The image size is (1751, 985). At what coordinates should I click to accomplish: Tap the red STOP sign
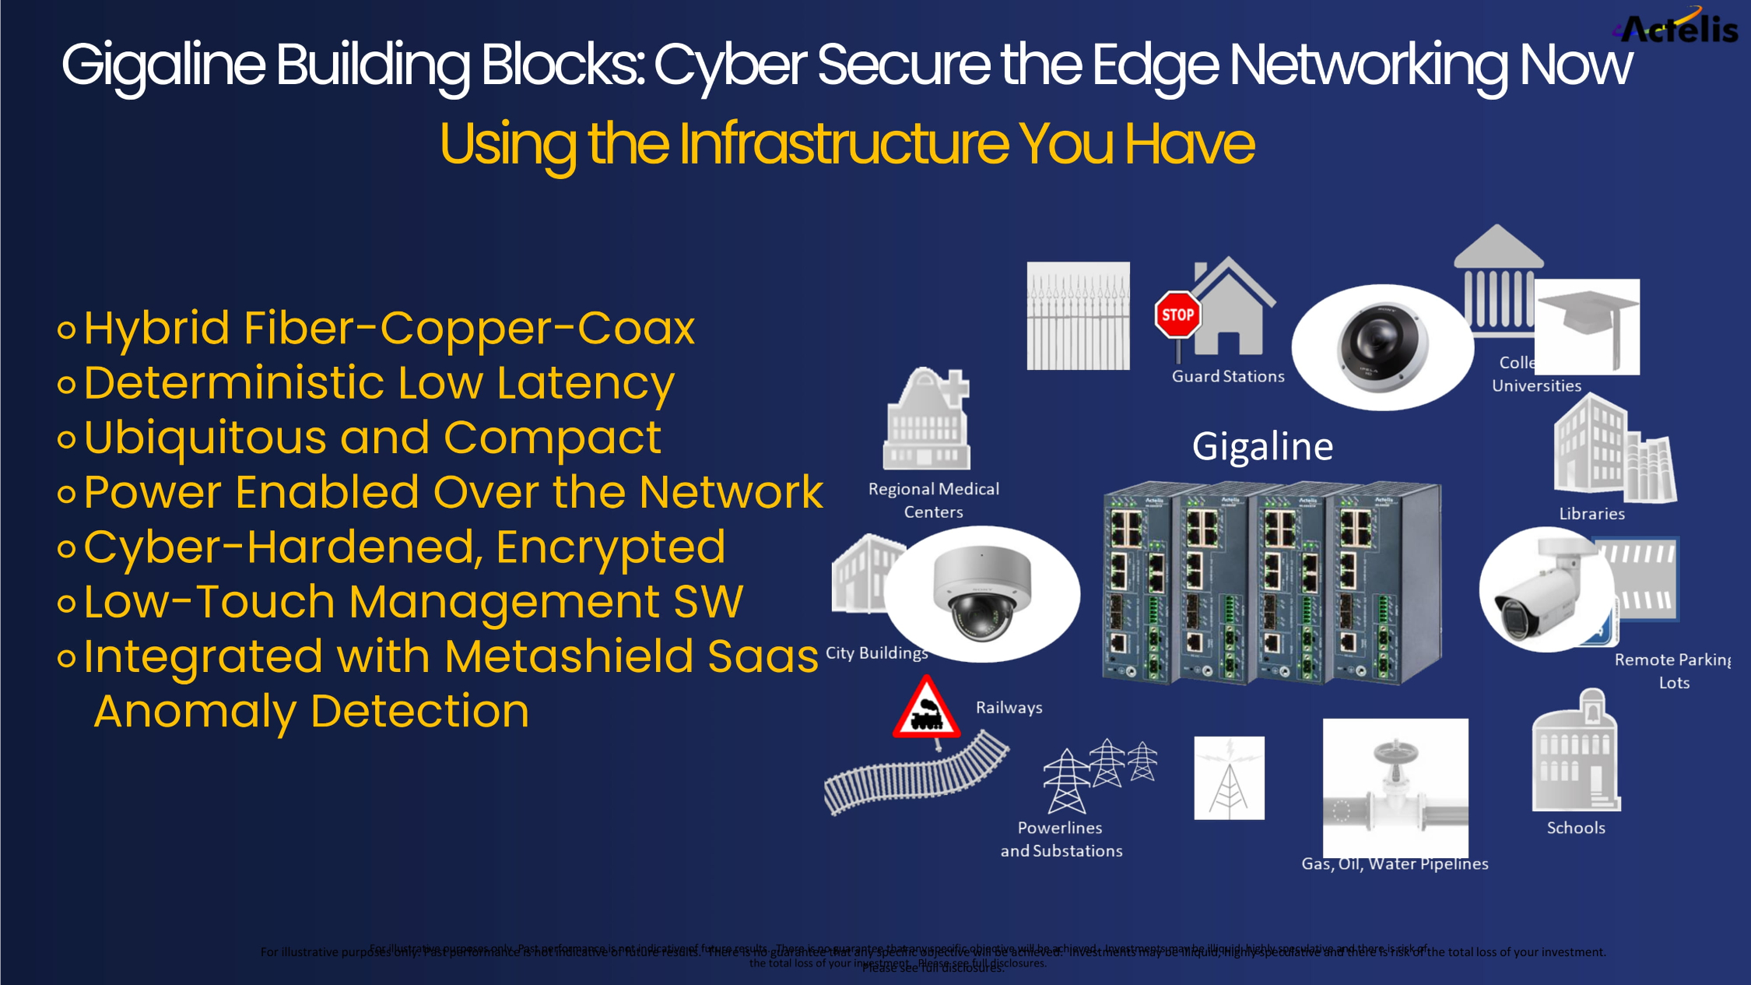tap(1177, 315)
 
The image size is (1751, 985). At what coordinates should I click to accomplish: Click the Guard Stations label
tap(1228, 377)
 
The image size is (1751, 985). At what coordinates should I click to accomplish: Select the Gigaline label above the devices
tap(1262, 447)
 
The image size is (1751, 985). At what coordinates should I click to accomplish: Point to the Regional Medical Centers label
tap(934, 500)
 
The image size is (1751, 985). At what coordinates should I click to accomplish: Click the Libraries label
tap(1591, 514)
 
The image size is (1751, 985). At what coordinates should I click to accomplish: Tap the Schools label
tap(1576, 828)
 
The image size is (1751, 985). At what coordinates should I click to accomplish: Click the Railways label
tap(1009, 708)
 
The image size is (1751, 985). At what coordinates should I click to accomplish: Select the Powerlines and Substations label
tap(1061, 839)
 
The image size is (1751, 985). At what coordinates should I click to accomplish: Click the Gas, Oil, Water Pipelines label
tap(1395, 864)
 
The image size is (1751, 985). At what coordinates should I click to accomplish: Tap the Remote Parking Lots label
tap(1673, 670)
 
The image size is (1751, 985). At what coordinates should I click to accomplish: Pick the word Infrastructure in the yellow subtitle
tap(844, 144)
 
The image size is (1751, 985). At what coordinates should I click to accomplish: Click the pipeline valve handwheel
tap(1395, 752)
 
